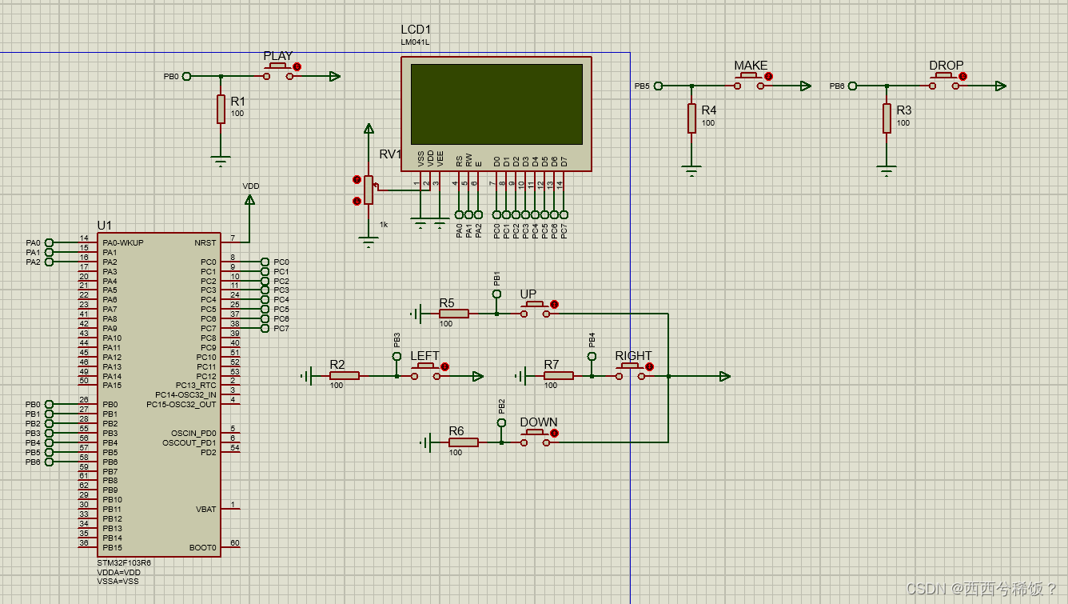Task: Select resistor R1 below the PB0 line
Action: pyautogui.click(x=221, y=109)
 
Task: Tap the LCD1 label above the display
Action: pyautogui.click(x=416, y=30)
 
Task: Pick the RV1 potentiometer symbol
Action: pyautogui.click(x=368, y=190)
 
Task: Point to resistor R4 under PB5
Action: pyautogui.click(x=691, y=118)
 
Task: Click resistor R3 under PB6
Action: pyautogui.click(x=887, y=118)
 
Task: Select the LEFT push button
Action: pyautogui.click(x=425, y=372)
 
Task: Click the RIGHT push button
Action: pyautogui.click(x=630, y=372)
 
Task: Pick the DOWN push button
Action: pyautogui.click(x=535, y=438)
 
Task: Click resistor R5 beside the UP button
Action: pyautogui.click(x=453, y=314)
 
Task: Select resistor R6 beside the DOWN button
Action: pyautogui.click(x=463, y=442)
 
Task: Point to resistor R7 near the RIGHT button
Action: pyautogui.click(x=558, y=375)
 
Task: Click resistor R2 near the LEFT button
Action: pyautogui.click(x=345, y=375)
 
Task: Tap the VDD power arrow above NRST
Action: pyautogui.click(x=249, y=200)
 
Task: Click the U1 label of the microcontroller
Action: pyautogui.click(x=105, y=226)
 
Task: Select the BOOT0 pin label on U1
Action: pyautogui.click(x=202, y=548)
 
